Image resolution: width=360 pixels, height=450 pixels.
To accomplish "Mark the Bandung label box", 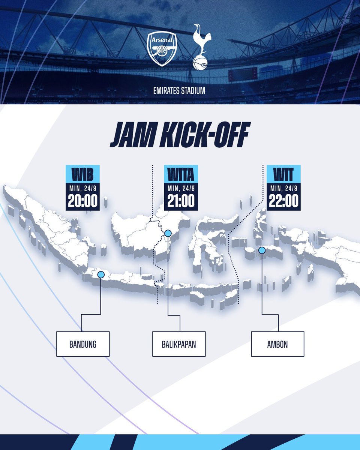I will [x=82, y=344].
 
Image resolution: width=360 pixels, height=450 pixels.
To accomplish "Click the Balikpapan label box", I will [x=179, y=344].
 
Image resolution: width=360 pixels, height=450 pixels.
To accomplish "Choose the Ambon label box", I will [x=277, y=344].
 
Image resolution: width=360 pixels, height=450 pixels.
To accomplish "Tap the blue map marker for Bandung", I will [x=100, y=274].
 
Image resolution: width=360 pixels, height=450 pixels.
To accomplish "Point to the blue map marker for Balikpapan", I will [x=168, y=234].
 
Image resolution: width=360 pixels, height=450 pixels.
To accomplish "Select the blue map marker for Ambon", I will [x=262, y=250].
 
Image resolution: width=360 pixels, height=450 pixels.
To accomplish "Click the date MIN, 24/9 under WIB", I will [x=82, y=188].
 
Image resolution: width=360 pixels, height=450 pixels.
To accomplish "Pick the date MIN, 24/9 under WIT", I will [x=283, y=188].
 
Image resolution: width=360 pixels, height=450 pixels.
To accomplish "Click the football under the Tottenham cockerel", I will [x=199, y=63].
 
